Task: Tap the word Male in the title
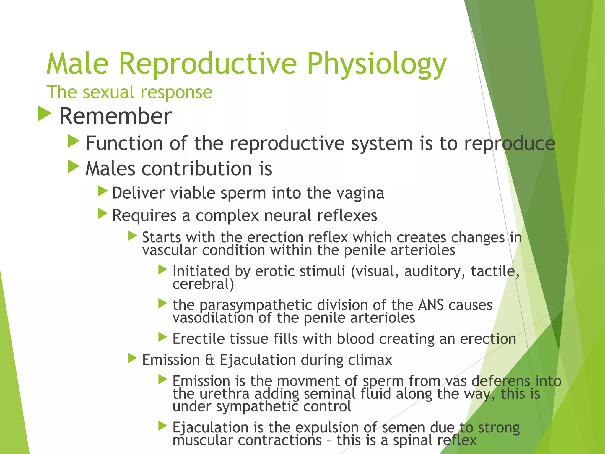(x=78, y=64)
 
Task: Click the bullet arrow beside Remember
(x=45, y=114)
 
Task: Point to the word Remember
(x=116, y=116)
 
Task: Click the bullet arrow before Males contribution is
(x=74, y=166)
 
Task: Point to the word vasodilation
(x=213, y=318)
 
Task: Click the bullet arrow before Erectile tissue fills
(x=162, y=337)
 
